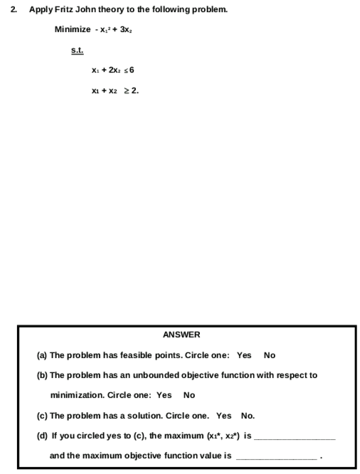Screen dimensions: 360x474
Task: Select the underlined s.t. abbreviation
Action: pyautogui.click(x=78, y=50)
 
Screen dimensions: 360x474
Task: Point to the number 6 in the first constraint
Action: pyautogui.click(x=132, y=71)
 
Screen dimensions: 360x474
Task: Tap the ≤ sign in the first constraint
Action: pyautogui.click(x=124, y=71)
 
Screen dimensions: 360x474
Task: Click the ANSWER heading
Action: pyautogui.click(x=181, y=335)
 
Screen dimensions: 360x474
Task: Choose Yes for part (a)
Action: pyautogui.click(x=244, y=354)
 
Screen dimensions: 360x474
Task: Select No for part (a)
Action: pyautogui.click(x=270, y=354)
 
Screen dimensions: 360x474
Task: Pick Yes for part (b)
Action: pyautogui.click(x=164, y=394)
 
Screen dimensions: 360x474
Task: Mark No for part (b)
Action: pyautogui.click(x=189, y=394)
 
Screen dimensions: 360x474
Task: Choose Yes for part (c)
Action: pyautogui.click(x=224, y=415)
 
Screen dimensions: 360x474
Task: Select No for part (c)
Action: pyautogui.click(x=248, y=415)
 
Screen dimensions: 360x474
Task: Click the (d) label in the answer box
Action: pyautogui.click(x=42, y=435)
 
